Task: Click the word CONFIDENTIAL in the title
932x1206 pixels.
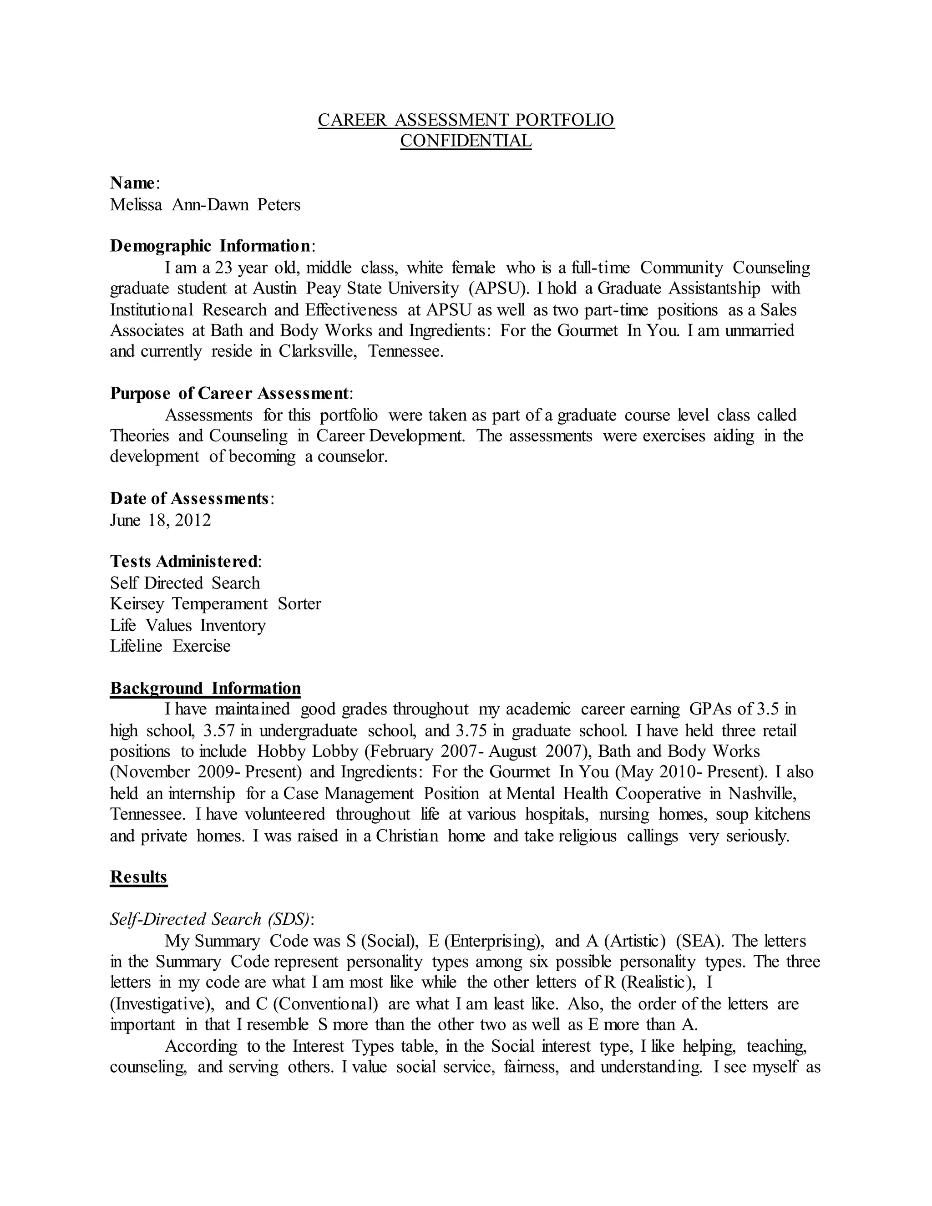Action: [466, 141]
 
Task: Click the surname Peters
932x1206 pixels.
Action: [279, 205]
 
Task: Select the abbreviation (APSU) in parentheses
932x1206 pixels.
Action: [497, 288]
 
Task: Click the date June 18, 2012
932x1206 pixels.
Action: [160, 520]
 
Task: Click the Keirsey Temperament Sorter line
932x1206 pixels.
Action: [215, 604]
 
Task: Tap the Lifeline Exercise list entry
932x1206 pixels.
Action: [170, 646]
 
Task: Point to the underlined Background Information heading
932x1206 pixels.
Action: [205, 688]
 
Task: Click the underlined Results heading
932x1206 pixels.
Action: [139, 877]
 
